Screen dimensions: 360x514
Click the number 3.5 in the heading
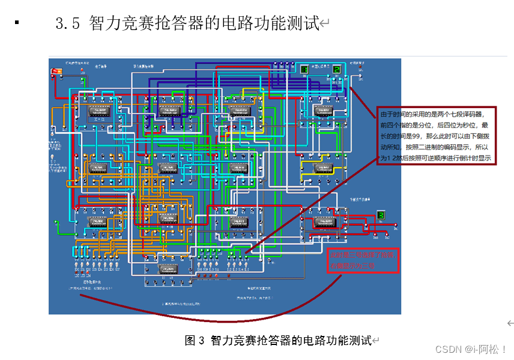coord(67,24)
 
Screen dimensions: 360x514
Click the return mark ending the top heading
coord(324,25)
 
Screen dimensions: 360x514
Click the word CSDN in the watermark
coord(447,349)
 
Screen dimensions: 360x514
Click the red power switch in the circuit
coord(58,72)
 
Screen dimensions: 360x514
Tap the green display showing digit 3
coord(381,215)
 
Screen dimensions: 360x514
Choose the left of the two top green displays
coord(304,70)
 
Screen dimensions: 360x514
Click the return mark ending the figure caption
coord(376,341)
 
